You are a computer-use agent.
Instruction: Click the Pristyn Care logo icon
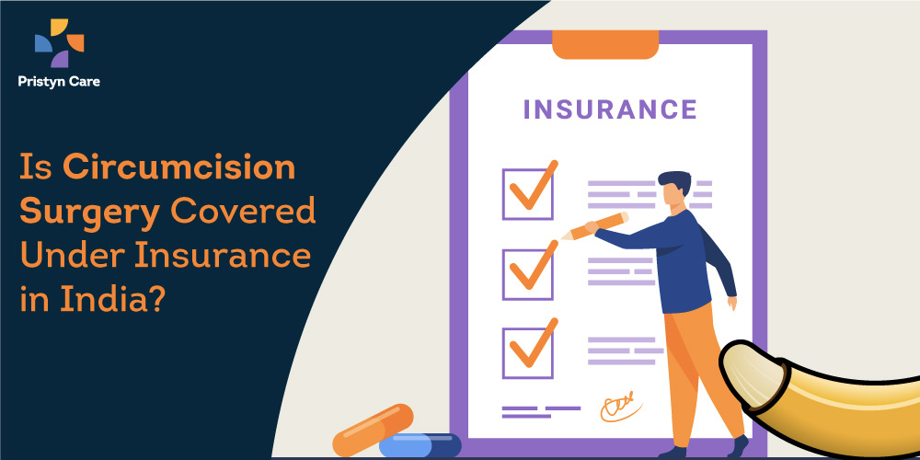[x=59, y=43]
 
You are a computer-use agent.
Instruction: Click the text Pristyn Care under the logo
[x=59, y=82]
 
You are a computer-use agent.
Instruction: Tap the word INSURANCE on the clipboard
[x=610, y=109]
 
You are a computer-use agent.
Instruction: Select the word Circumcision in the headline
[x=179, y=167]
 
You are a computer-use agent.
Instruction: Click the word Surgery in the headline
[x=90, y=214]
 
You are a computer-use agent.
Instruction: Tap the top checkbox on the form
[x=527, y=194]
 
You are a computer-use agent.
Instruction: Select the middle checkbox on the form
[x=527, y=274]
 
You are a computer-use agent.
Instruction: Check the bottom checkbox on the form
[x=527, y=353]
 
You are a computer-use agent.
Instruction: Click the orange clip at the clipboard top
[x=605, y=44]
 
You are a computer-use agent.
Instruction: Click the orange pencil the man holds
[x=594, y=226]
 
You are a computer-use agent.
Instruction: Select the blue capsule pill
[x=420, y=445]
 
